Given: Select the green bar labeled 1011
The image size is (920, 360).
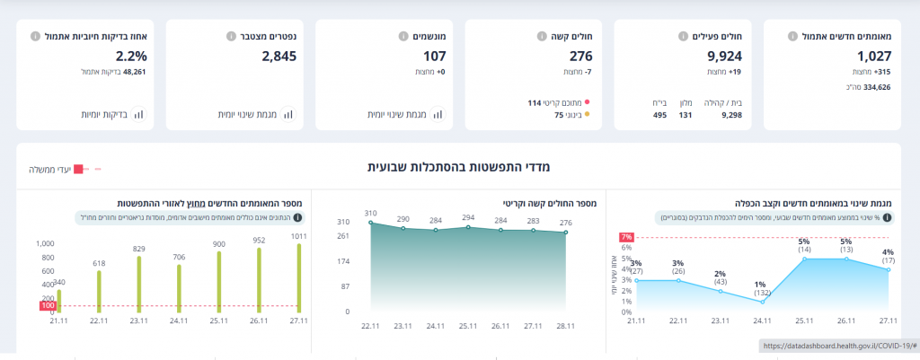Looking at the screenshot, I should coord(298,277).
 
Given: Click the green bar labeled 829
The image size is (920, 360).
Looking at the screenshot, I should coord(138,283).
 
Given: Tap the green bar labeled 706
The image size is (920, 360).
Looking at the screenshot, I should coord(179,287).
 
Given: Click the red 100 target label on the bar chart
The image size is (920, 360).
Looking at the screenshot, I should coord(47,306).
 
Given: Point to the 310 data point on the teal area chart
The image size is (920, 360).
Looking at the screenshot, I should coord(372,223).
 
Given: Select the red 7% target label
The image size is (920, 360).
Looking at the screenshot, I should coord(626,237).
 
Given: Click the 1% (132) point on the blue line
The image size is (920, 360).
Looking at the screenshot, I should coord(763,301).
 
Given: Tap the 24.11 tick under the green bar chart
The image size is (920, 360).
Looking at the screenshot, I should coord(179,320).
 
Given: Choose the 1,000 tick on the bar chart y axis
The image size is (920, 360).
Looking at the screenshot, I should coord(45,243).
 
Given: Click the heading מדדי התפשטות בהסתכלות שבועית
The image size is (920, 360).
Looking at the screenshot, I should coord(458,167).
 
